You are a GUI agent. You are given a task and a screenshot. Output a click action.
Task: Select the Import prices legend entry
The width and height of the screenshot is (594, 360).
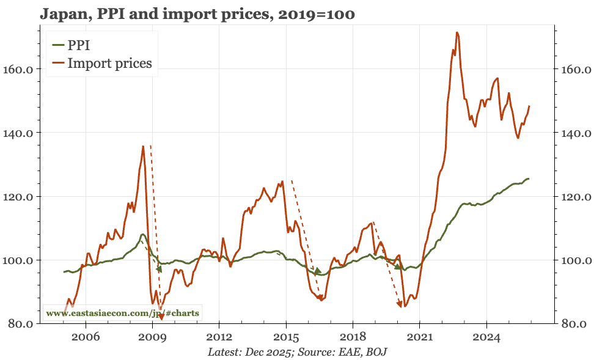[x=109, y=62]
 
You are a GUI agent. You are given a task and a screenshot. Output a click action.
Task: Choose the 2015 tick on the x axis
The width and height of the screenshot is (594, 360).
[x=286, y=337]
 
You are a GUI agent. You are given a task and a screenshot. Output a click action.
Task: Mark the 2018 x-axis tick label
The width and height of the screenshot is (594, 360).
[x=353, y=337]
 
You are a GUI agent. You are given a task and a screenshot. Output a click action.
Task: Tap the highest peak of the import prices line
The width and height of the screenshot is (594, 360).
[x=457, y=33]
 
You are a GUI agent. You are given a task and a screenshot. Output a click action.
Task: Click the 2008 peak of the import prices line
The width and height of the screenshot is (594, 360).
[x=143, y=146]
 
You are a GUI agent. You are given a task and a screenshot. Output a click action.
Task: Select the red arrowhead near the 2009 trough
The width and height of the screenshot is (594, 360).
[x=161, y=316]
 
